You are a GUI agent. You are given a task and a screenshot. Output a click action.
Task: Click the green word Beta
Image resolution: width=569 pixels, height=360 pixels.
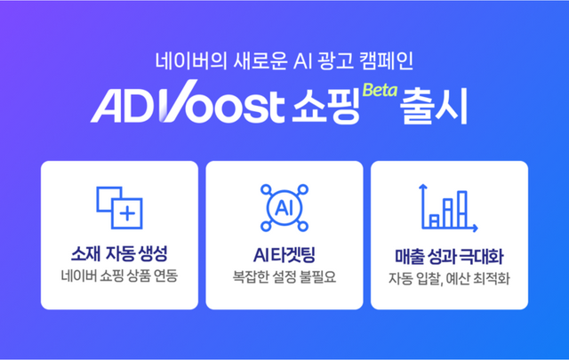378,90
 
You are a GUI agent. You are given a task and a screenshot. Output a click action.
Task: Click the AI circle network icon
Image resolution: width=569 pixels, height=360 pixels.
284,207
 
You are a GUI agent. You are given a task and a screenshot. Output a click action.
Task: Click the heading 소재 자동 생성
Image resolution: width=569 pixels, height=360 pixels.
119,253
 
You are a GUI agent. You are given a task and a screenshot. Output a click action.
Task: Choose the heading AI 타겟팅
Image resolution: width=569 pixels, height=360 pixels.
284,253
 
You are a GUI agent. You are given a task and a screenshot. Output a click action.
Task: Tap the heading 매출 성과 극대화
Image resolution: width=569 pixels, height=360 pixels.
449,254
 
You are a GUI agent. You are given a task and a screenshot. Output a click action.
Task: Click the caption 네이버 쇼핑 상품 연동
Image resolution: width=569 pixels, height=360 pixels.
119,275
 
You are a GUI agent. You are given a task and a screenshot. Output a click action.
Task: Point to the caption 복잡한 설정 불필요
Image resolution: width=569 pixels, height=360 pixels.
284,275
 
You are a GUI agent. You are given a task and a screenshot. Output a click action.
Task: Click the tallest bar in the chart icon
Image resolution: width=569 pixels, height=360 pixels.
461,204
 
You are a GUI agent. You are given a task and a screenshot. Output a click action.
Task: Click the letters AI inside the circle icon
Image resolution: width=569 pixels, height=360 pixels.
284,208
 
